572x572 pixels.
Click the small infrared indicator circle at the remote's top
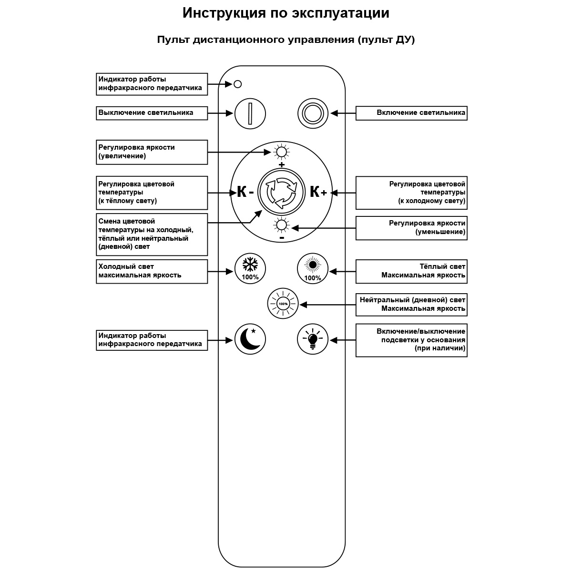click(x=238, y=84)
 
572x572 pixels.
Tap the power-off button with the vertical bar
click(x=250, y=113)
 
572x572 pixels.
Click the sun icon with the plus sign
click(x=281, y=153)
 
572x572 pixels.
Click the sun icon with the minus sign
click(x=281, y=225)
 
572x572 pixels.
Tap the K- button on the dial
click(x=245, y=192)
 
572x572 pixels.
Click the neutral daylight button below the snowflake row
click(x=283, y=304)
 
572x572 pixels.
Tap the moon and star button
click(x=250, y=339)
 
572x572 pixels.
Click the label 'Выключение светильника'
click(x=152, y=113)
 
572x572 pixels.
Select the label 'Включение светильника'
click(x=411, y=113)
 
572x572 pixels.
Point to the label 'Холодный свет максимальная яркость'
click(x=152, y=271)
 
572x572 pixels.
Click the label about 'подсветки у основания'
click(x=411, y=340)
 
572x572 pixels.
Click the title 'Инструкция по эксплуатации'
click(x=286, y=13)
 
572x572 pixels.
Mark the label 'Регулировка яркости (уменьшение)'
click(x=411, y=228)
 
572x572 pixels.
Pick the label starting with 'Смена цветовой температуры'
click(x=152, y=235)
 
